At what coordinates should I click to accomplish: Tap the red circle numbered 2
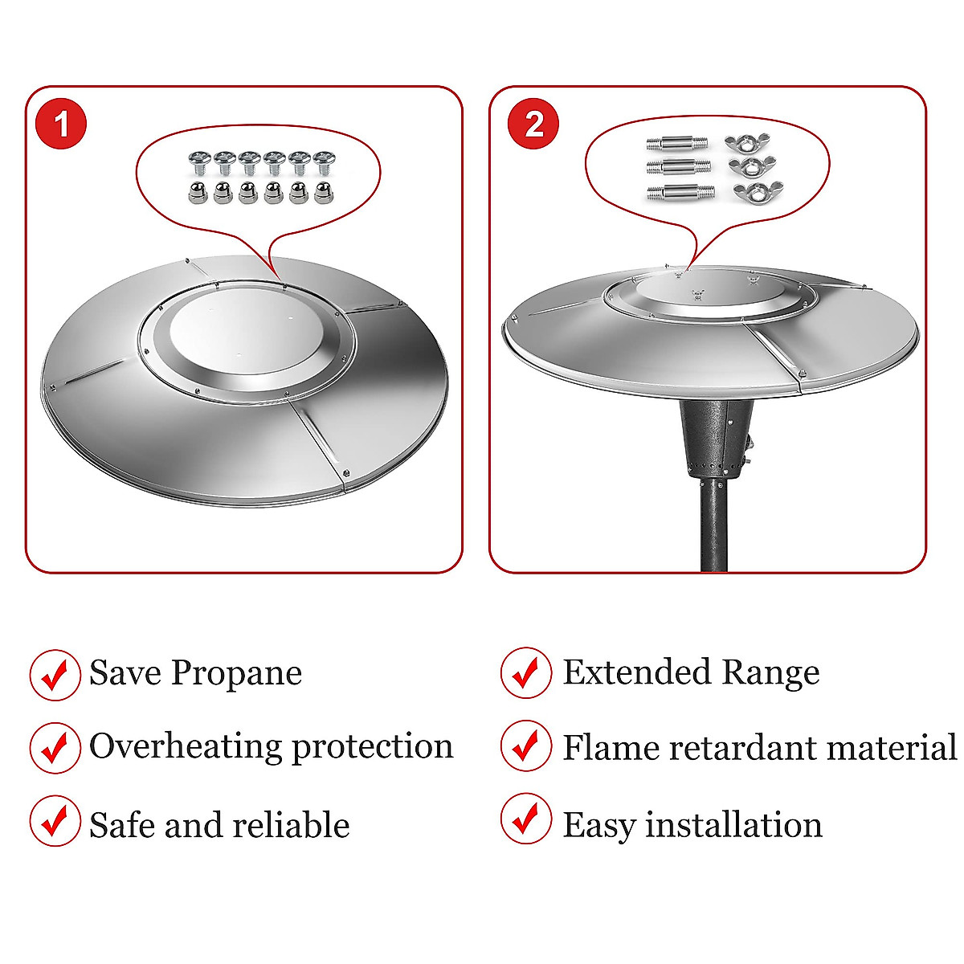click(534, 124)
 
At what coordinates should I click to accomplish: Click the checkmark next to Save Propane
click(55, 675)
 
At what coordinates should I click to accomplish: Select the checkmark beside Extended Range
click(526, 673)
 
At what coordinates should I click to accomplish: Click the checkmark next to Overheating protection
click(55, 747)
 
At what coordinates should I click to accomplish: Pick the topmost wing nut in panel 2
click(741, 144)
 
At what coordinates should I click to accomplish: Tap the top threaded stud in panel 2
click(677, 145)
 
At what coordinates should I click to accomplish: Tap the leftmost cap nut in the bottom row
click(198, 193)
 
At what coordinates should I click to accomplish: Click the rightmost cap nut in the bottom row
click(323, 193)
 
